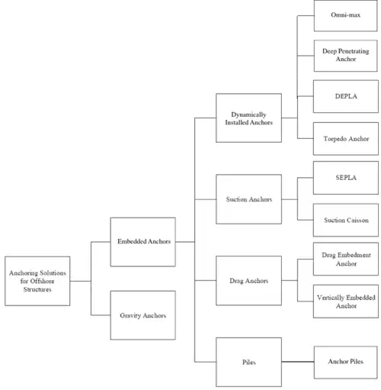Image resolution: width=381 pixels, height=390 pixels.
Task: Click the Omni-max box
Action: coord(345,15)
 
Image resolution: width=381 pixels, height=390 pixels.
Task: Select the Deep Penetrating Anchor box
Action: coord(345,56)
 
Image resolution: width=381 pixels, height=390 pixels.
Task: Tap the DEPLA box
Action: coord(346,96)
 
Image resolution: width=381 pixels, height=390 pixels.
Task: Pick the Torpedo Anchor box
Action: coord(346,138)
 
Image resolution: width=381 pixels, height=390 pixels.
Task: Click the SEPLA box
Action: coord(346,178)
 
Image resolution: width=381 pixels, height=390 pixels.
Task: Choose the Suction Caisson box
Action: coord(346,220)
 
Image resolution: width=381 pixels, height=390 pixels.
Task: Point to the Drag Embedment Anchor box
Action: coord(346,259)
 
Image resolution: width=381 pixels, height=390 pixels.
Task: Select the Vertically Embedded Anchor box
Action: coord(346,301)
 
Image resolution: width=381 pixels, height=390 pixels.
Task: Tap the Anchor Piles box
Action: coord(345,363)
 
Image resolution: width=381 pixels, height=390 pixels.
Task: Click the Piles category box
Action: coord(248,362)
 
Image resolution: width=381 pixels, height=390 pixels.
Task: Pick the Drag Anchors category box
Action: coord(248,280)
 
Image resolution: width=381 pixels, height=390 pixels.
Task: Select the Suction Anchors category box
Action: coord(248,199)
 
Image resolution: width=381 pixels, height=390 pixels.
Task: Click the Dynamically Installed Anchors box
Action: coord(248,118)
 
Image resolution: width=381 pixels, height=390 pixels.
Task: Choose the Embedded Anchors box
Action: coord(142,242)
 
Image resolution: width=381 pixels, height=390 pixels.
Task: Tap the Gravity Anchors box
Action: coord(142,315)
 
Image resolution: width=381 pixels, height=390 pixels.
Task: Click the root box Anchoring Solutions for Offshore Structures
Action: coord(37,281)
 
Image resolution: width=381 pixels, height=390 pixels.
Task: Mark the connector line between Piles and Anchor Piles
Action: coord(298,362)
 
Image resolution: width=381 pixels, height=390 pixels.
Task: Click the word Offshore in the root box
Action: coord(42,281)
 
